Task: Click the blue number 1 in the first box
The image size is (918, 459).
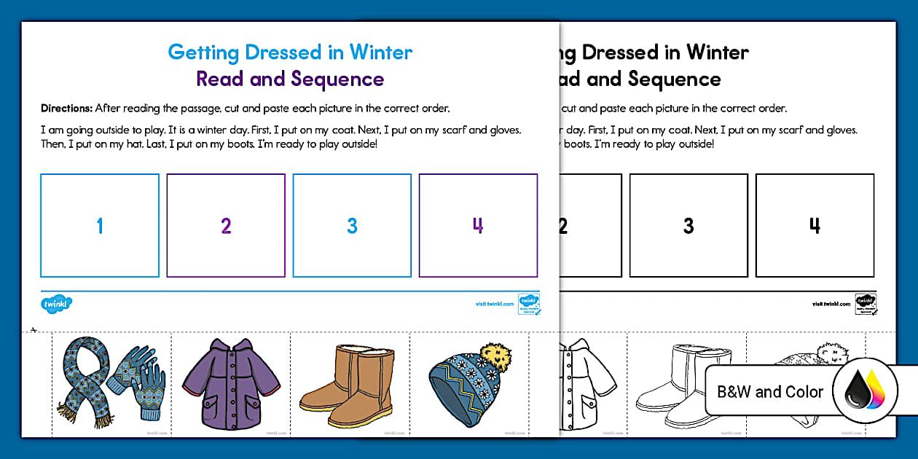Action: coord(100,226)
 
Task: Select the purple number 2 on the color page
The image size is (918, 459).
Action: coord(226,226)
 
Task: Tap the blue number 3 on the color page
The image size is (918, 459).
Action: coord(352,226)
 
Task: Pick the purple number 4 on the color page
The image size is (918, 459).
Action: coord(478,226)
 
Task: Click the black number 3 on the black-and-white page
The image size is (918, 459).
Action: coord(688,226)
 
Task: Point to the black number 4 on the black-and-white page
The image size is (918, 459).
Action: coord(815,226)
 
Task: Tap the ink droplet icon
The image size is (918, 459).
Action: coord(865,392)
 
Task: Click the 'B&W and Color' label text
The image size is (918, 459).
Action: coord(770,392)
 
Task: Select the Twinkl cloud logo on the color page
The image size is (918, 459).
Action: coord(57,302)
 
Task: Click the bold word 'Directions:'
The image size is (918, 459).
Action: coord(66,109)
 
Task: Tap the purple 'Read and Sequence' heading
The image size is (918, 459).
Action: coord(290,79)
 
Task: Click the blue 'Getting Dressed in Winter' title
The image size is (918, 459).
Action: coord(290,52)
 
